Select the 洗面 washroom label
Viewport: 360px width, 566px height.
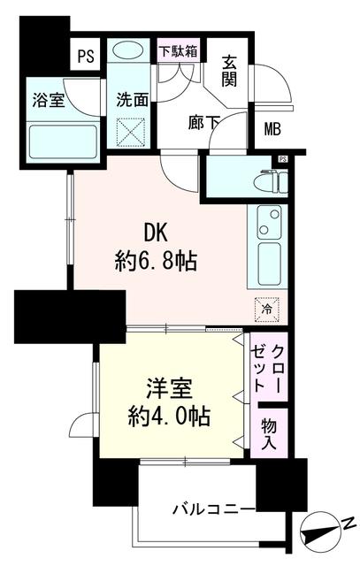coord(131,98)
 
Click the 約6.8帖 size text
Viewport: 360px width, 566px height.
coord(156,261)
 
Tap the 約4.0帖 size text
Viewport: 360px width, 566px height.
coord(169,414)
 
